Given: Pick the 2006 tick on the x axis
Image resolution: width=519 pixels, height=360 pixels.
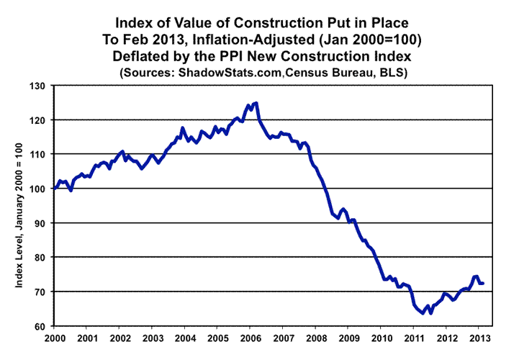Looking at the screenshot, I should (251, 337).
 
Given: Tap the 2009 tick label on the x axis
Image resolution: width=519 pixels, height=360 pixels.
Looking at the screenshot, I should (349, 337).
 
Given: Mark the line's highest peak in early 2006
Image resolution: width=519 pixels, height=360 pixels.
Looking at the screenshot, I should (256, 103).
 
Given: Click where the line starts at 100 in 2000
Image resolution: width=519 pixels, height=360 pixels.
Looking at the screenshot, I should (55, 189).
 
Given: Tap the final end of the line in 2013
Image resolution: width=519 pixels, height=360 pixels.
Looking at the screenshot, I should (483, 283).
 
